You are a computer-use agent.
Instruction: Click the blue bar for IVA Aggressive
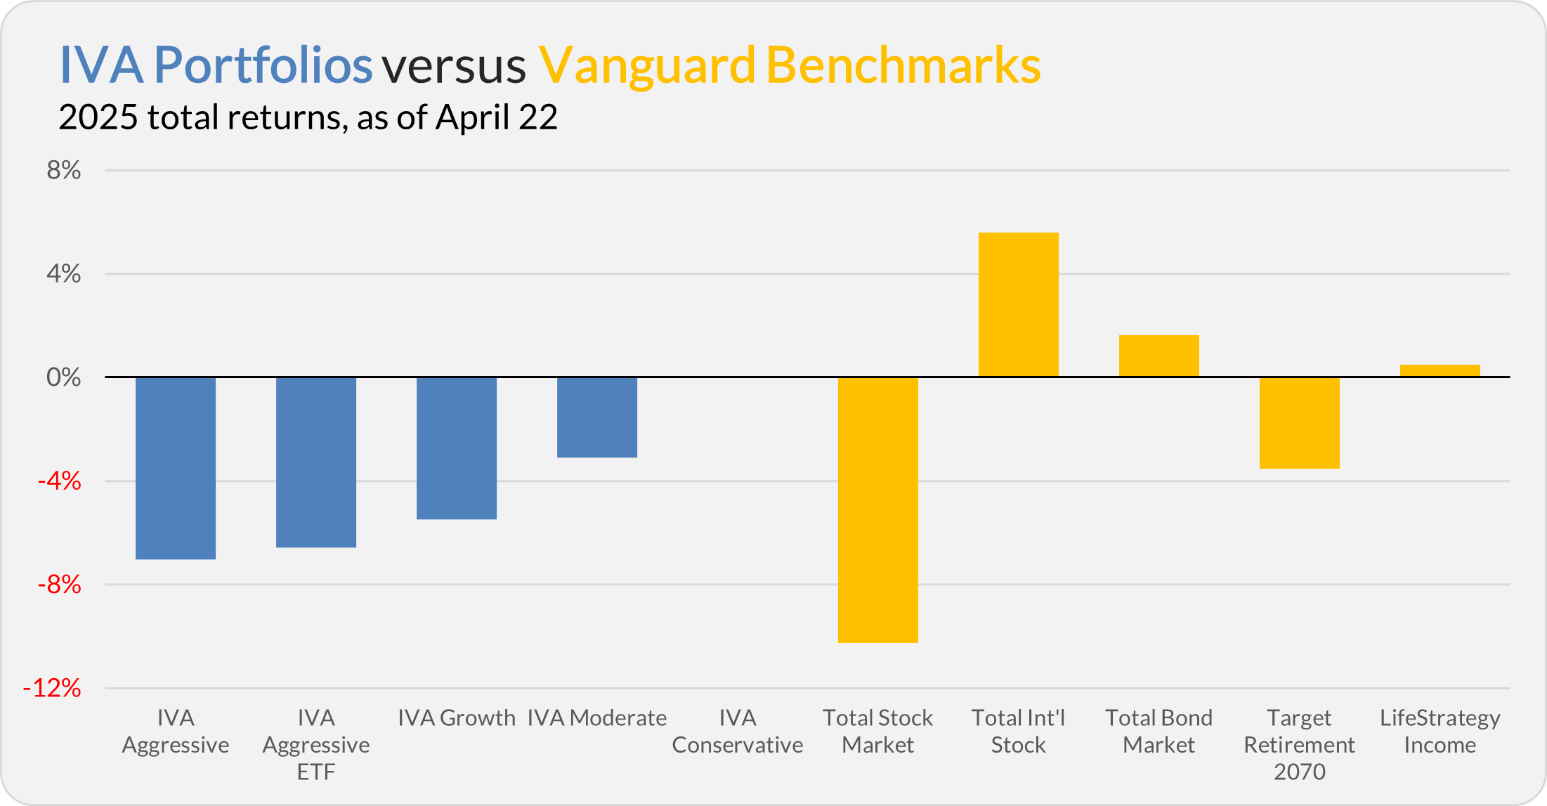[176, 468]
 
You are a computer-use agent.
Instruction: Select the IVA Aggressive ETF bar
[316, 462]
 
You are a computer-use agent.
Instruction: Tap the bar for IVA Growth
[457, 448]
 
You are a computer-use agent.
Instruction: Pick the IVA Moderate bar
[597, 417]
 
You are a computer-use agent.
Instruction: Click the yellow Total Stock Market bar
[878, 510]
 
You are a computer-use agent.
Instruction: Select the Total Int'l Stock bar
[1019, 304]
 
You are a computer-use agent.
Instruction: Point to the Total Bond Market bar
[1159, 356]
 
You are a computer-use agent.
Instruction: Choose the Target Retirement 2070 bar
[1300, 423]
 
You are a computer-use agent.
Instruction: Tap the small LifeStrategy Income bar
[1440, 370]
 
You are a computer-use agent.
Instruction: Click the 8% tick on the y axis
[64, 170]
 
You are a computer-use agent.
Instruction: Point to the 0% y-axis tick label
[64, 377]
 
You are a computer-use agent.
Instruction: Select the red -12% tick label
[52, 688]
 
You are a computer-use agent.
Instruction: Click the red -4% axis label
[59, 481]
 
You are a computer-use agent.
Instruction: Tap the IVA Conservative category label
[738, 731]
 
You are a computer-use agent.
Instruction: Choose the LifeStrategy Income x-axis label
[1440, 731]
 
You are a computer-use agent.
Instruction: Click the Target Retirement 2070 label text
[1300, 745]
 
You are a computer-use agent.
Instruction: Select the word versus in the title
[454, 65]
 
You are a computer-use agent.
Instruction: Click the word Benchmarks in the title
[903, 65]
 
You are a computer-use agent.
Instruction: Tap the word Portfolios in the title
[263, 65]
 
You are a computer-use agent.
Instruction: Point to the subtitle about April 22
[308, 117]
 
